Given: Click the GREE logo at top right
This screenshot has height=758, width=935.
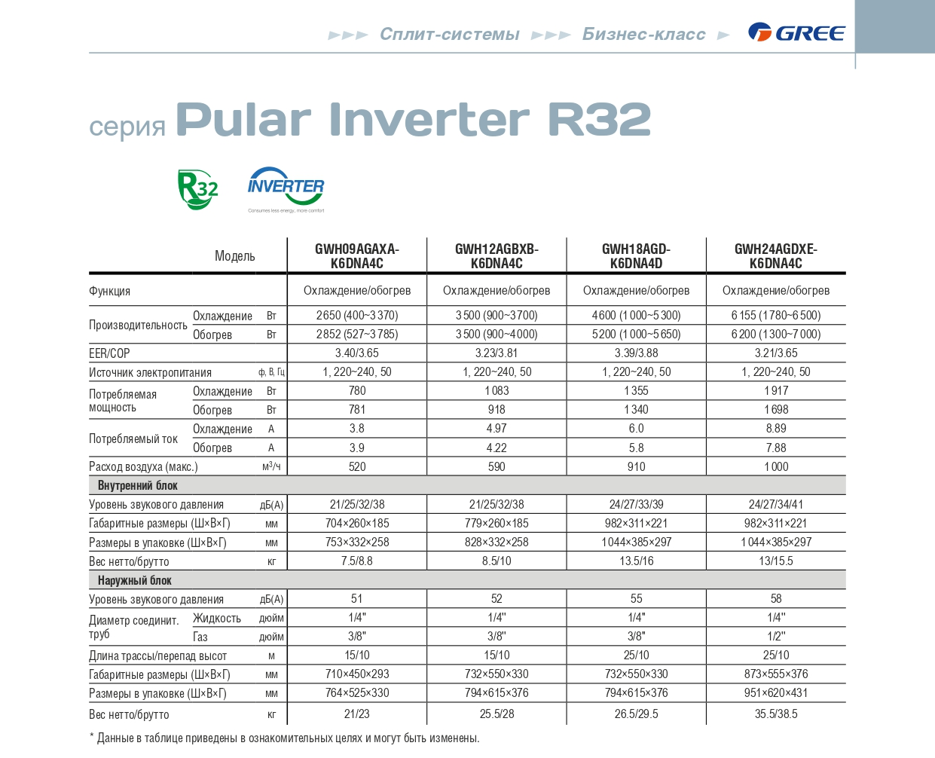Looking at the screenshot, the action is tap(796, 32).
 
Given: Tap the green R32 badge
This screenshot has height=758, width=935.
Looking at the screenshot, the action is tap(197, 189).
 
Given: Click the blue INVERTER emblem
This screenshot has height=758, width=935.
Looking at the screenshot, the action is tap(286, 188).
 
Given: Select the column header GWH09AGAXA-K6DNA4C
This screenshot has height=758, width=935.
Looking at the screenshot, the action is tap(357, 256).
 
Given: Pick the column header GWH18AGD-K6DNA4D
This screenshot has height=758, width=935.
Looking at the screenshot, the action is tap(636, 256).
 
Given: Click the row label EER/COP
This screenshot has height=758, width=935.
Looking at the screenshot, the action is tap(109, 353).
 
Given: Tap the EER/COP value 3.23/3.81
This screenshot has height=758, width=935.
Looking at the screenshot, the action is tap(497, 353).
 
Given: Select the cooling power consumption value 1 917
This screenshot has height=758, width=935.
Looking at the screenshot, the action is tap(776, 390).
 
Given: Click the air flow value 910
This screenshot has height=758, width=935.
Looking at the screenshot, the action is tap(636, 466).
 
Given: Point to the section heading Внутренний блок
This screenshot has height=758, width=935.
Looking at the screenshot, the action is tap(137, 485).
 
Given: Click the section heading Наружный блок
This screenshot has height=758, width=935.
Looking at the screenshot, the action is tap(134, 580).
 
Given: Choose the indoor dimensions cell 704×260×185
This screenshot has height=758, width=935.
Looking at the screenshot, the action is tap(357, 523).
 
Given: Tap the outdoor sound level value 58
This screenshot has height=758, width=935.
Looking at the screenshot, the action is tap(776, 599).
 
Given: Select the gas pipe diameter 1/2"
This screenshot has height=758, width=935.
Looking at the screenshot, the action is tap(776, 636).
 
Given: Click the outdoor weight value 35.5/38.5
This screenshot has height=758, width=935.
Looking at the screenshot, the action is tap(776, 714).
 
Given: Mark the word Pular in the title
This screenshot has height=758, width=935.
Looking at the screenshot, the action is tap(243, 119).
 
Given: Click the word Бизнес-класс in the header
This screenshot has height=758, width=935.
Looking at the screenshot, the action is tap(643, 34).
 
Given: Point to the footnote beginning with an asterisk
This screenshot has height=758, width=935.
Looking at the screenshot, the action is tap(284, 738).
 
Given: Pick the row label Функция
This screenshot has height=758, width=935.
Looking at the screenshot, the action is tap(109, 291).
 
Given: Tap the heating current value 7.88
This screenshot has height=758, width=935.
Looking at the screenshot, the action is tap(776, 448).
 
